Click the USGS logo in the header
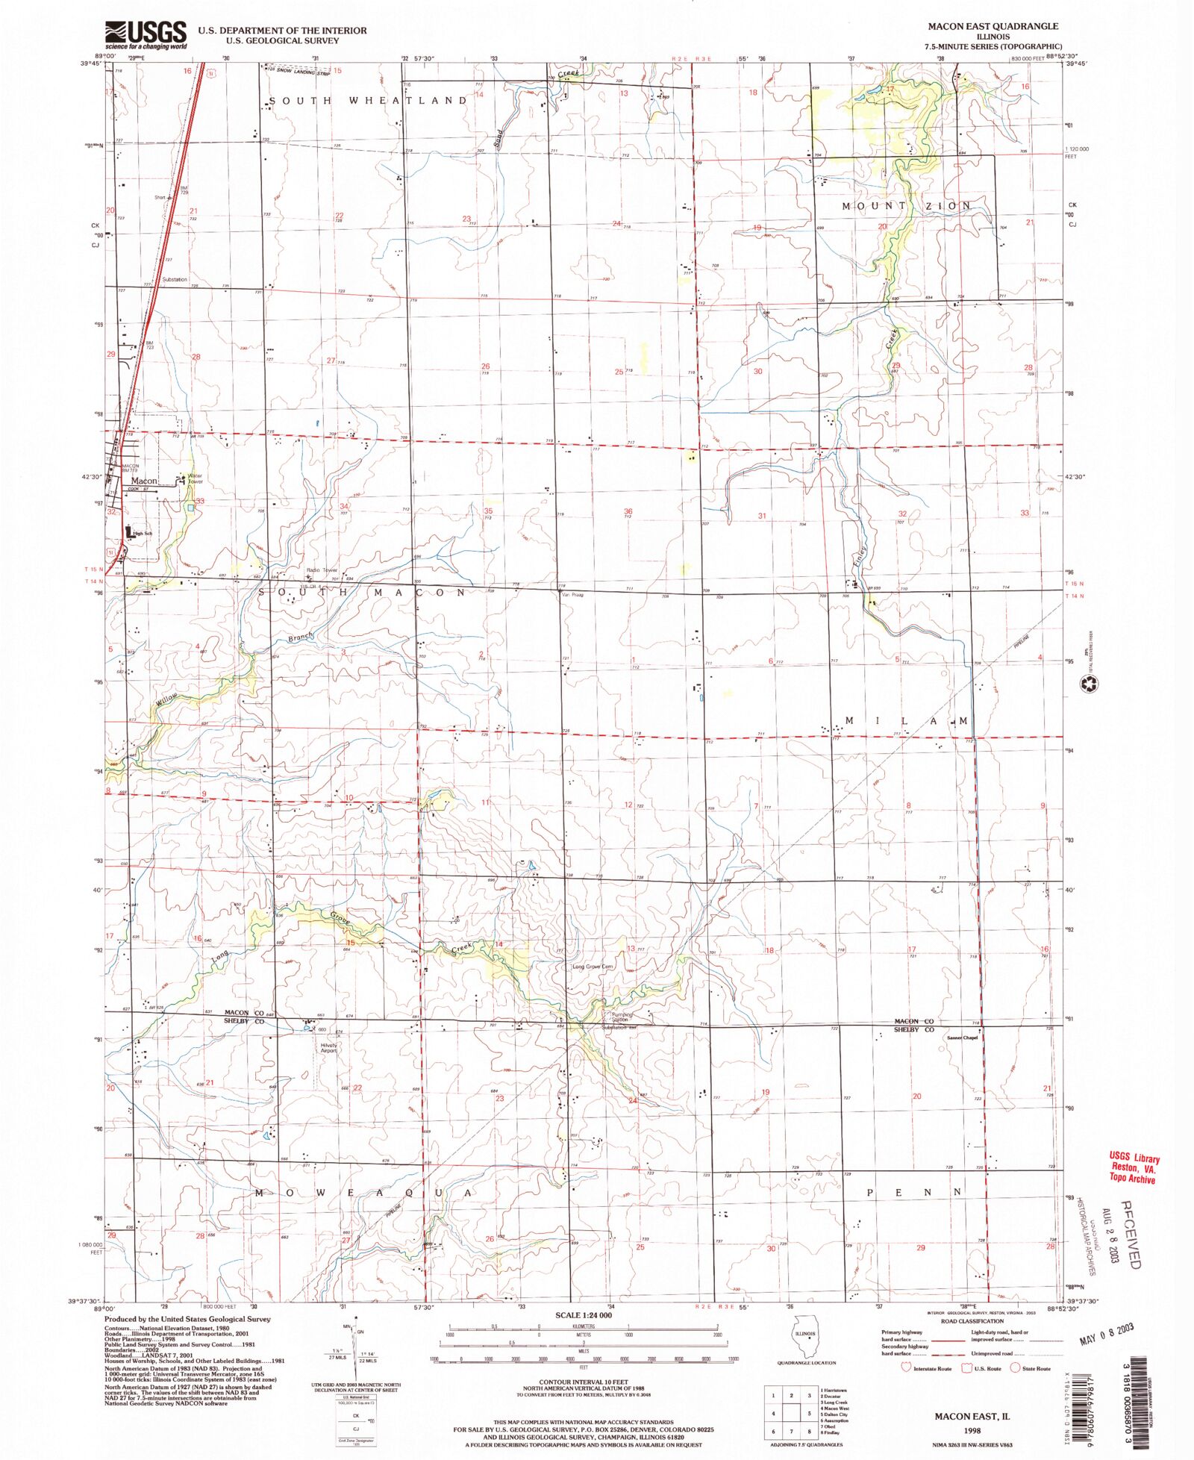pyautogui.click(x=146, y=34)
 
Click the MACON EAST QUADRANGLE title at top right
pyautogui.click(x=993, y=26)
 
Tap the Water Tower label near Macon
pyautogui.click(x=196, y=478)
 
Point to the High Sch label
pyautogui.click(x=142, y=534)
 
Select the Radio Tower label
pyautogui.click(x=322, y=570)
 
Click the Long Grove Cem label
pyautogui.click(x=593, y=967)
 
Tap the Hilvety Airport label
pyautogui.click(x=329, y=1048)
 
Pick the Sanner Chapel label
pyautogui.click(x=962, y=1038)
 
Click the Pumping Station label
pyautogui.click(x=621, y=1017)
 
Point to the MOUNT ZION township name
pyautogui.click(x=907, y=206)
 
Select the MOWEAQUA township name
pyautogui.click(x=362, y=1193)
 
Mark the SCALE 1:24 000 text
pyautogui.click(x=584, y=1314)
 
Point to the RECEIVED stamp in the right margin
pyautogui.click(x=1130, y=1233)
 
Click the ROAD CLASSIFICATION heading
pyautogui.click(x=972, y=1320)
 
